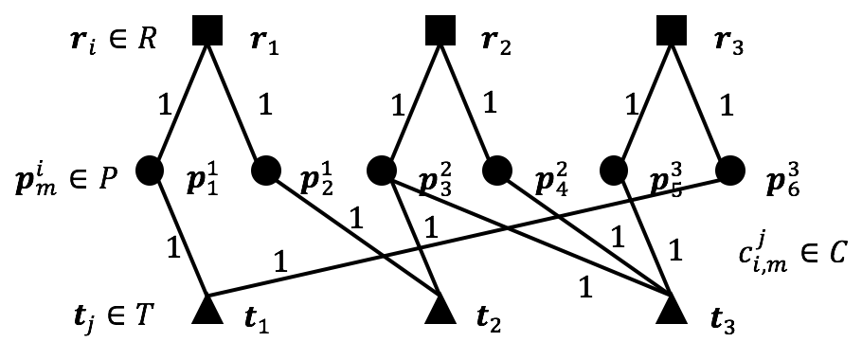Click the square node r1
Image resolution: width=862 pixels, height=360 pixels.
coord(207,32)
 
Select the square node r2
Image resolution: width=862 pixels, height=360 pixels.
coord(439,32)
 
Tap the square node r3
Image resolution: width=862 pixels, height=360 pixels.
coord(671,32)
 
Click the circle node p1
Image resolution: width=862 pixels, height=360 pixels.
coord(151,171)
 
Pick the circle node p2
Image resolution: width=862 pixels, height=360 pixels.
coord(266,171)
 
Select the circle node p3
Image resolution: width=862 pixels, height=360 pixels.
coord(381,171)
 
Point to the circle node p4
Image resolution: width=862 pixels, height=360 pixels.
coord(496,171)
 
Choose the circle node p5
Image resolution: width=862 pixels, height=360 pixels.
coord(613,171)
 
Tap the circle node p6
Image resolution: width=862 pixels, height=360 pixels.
coord(728,171)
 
